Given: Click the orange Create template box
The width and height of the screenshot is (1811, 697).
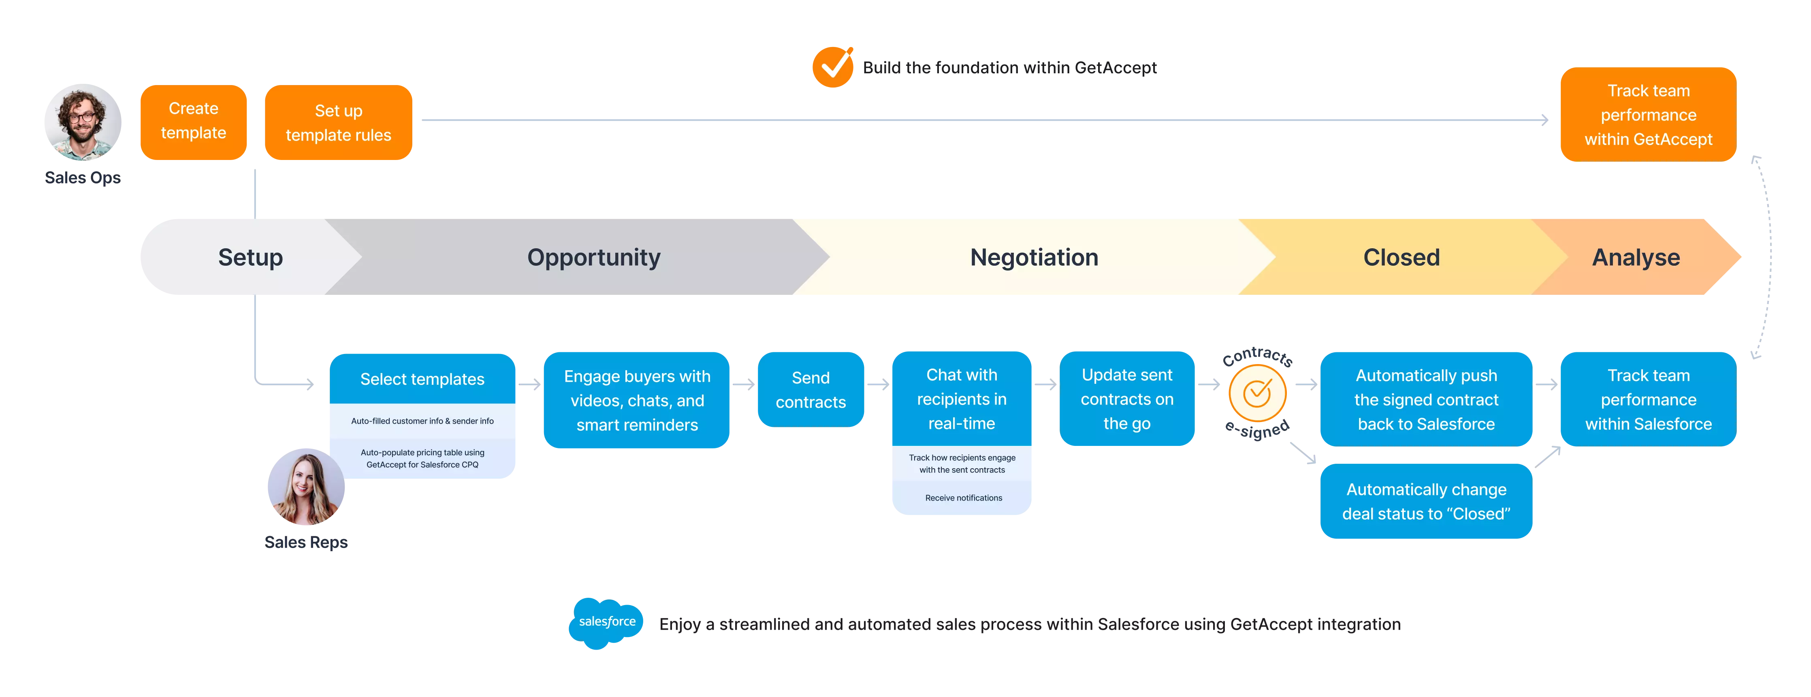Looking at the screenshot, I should point(193,121).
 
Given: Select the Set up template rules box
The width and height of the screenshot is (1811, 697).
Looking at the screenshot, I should point(338,123).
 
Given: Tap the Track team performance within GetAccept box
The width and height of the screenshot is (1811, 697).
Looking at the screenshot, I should point(1647,115).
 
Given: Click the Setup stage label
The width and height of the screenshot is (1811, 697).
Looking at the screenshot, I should point(250,257).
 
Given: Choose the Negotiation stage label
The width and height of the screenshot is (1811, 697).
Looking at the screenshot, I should point(1033,257).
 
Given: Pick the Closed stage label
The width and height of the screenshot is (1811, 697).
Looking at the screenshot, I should point(1401,257).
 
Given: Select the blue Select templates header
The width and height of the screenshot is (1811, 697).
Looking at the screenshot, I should point(422,379).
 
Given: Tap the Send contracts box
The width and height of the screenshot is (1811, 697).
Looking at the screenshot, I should point(811,390).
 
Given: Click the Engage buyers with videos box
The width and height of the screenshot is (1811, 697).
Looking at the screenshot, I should point(637,401).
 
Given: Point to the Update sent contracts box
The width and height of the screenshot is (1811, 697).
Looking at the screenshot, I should point(1127,399).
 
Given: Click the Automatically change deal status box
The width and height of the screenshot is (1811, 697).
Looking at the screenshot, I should point(1426,502).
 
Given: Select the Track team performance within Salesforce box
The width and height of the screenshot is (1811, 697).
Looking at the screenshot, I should point(1648,399).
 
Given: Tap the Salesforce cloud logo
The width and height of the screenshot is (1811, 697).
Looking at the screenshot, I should point(607,622).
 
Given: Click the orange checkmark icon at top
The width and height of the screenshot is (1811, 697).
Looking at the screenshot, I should point(833,67).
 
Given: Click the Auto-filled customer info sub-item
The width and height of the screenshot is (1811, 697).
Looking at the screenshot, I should point(422,421).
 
